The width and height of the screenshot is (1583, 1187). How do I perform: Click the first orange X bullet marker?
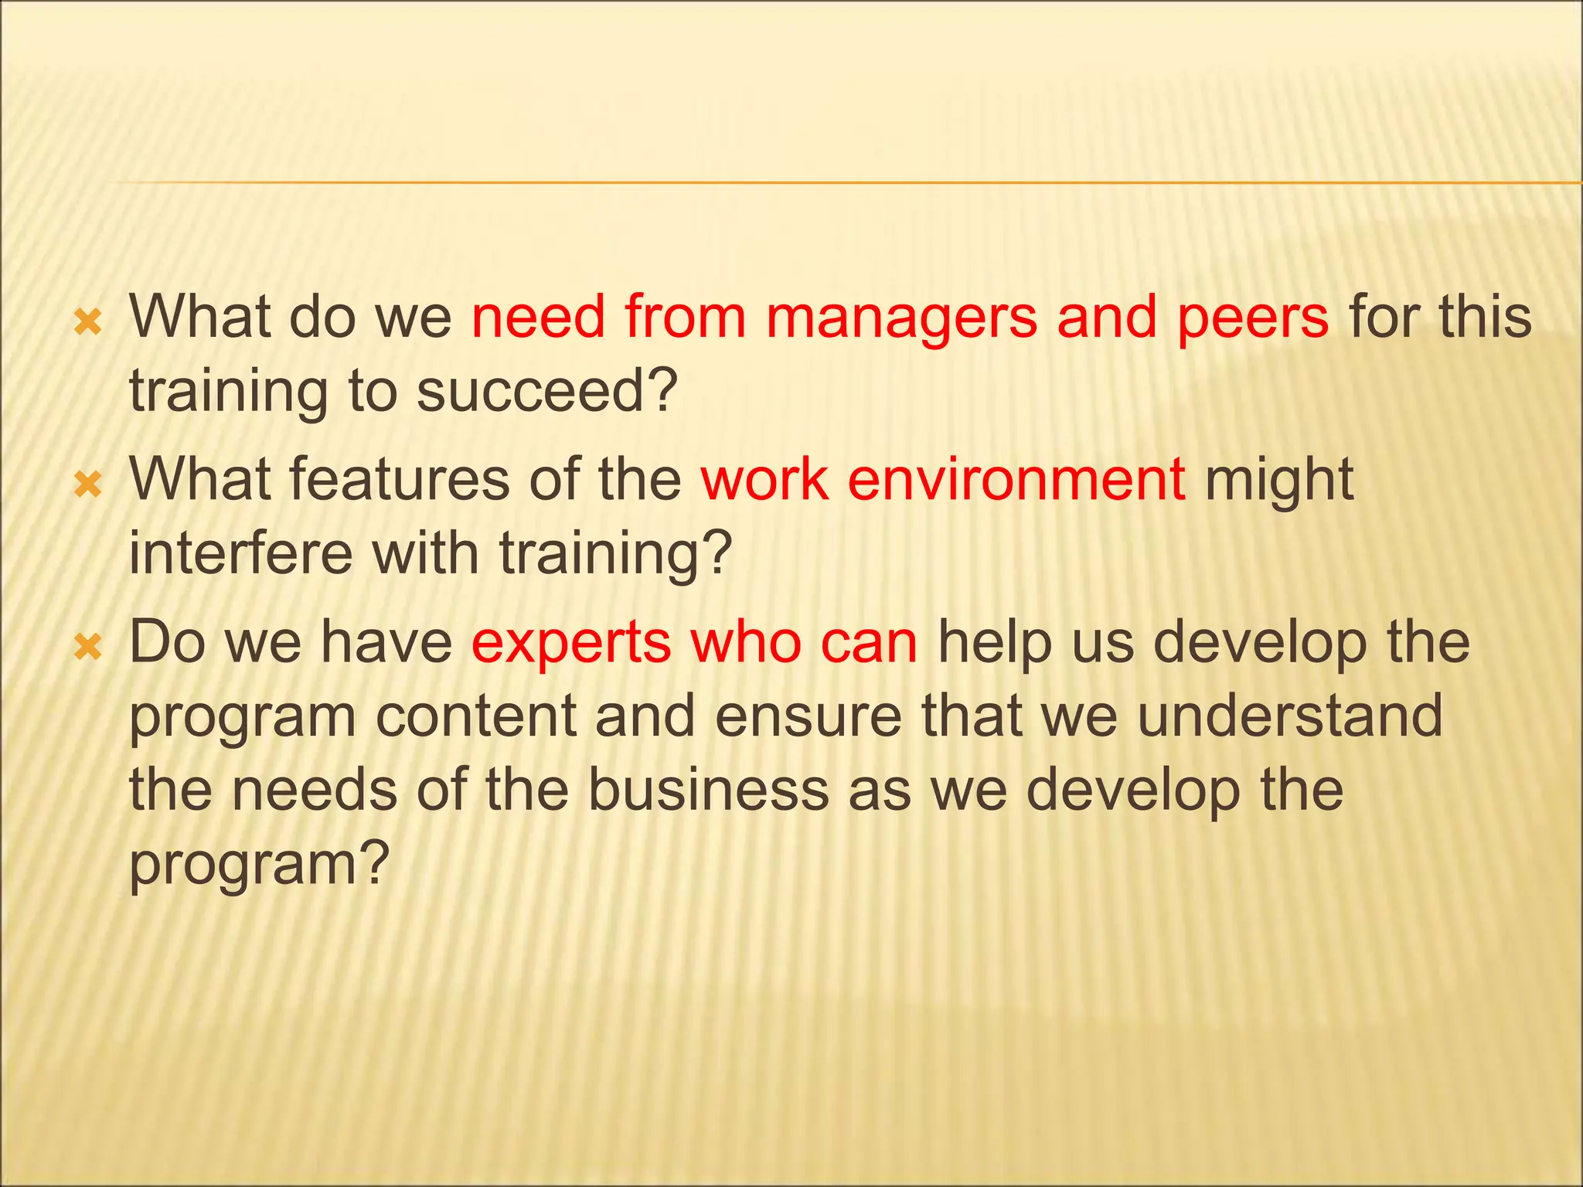[88, 322]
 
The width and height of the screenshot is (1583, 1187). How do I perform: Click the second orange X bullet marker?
[88, 485]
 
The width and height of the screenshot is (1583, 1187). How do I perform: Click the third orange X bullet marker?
[88, 648]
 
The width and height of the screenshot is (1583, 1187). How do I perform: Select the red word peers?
[1253, 318]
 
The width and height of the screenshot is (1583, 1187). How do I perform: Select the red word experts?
[571, 643]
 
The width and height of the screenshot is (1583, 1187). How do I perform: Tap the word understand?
[1289, 716]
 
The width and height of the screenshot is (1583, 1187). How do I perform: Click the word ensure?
[808, 716]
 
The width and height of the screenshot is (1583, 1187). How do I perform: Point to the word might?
[1279, 481]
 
